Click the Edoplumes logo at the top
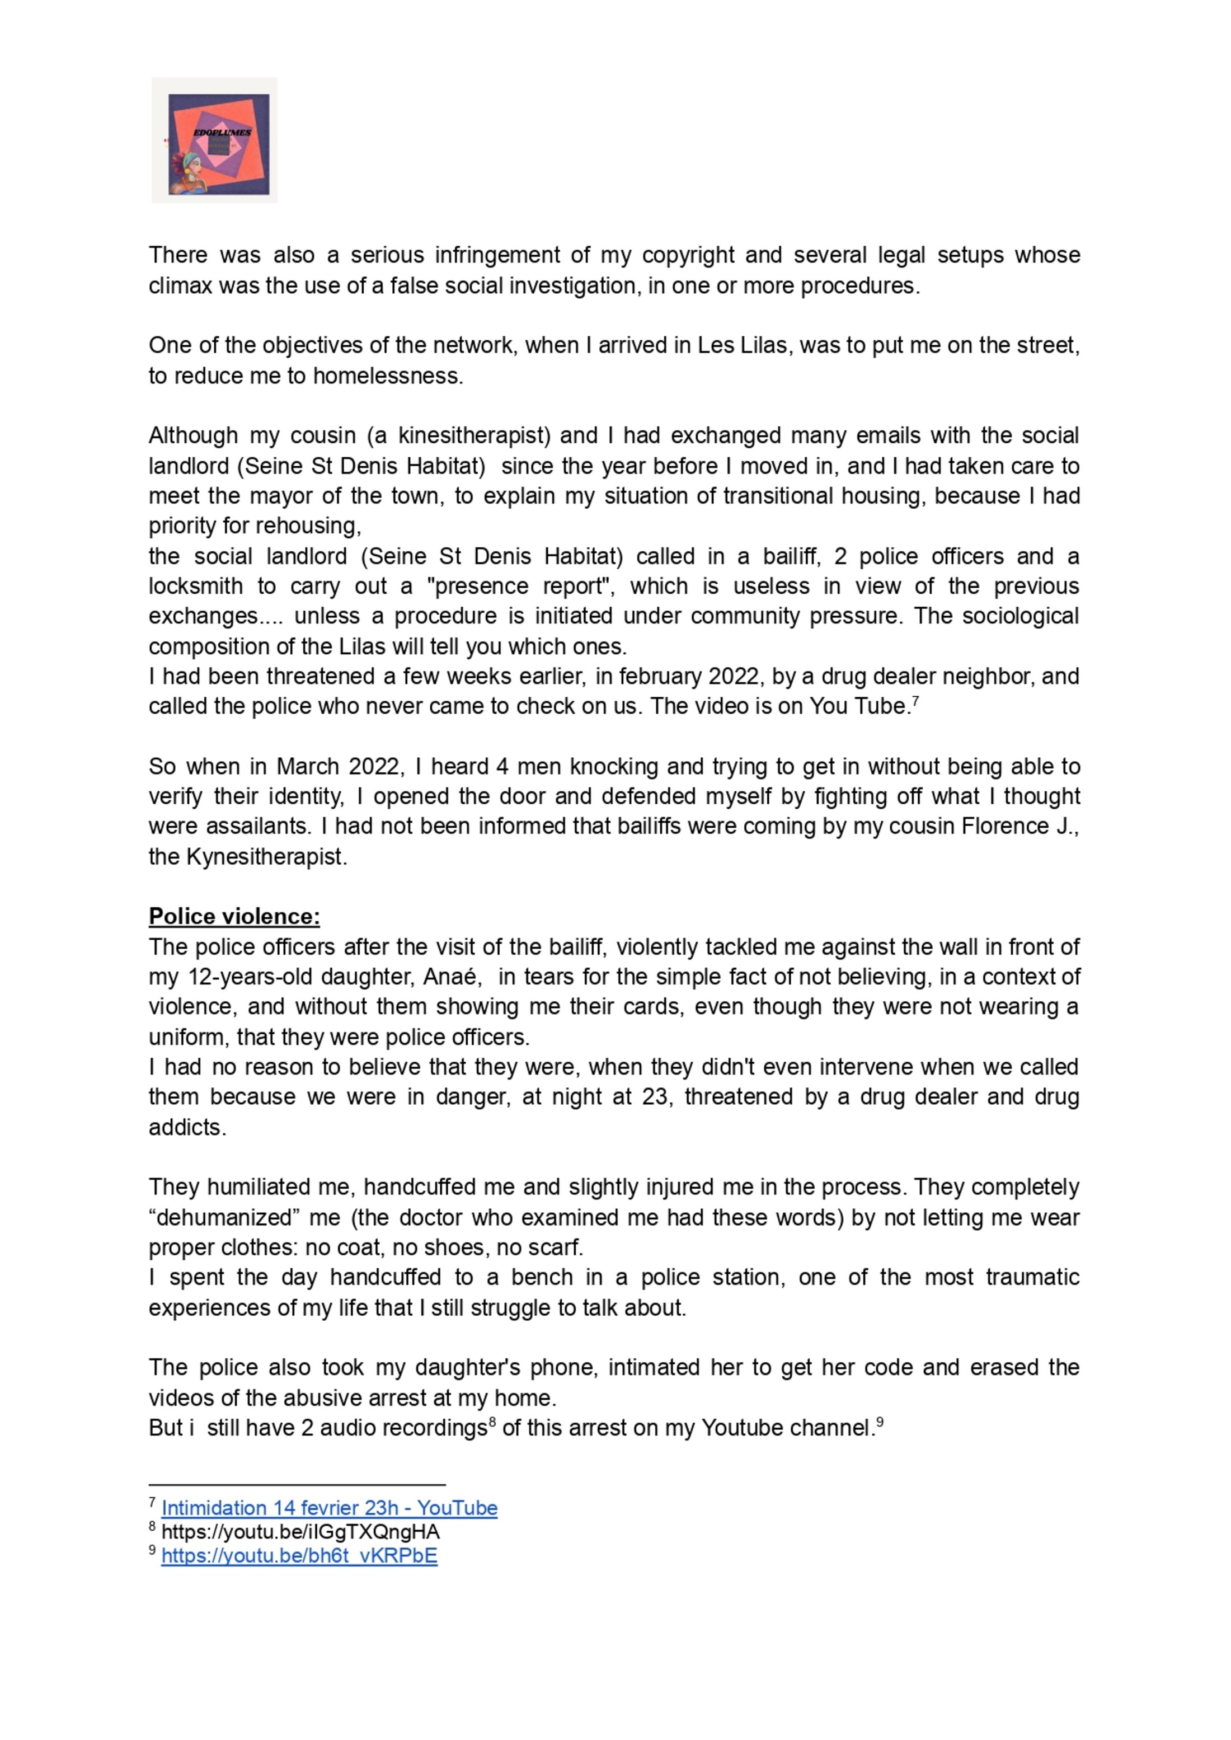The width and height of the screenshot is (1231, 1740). (214, 140)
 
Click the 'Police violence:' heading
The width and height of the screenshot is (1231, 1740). (234, 917)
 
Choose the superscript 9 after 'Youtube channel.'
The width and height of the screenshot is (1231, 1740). (880, 1422)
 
